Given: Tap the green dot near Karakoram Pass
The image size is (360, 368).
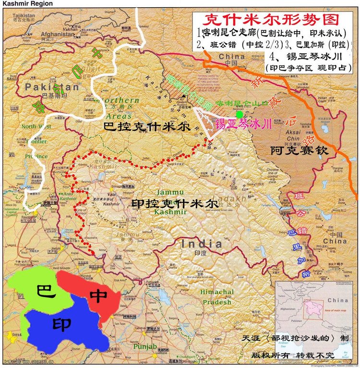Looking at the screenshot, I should point(240,114).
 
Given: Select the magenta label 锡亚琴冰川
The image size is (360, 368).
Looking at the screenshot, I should point(243,123).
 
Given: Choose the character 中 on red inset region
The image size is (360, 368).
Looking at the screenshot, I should point(98,296).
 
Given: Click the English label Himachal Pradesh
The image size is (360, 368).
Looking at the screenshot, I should point(217,297).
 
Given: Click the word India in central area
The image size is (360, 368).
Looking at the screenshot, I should point(201,244).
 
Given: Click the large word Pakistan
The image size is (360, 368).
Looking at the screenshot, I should point(52,87).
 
